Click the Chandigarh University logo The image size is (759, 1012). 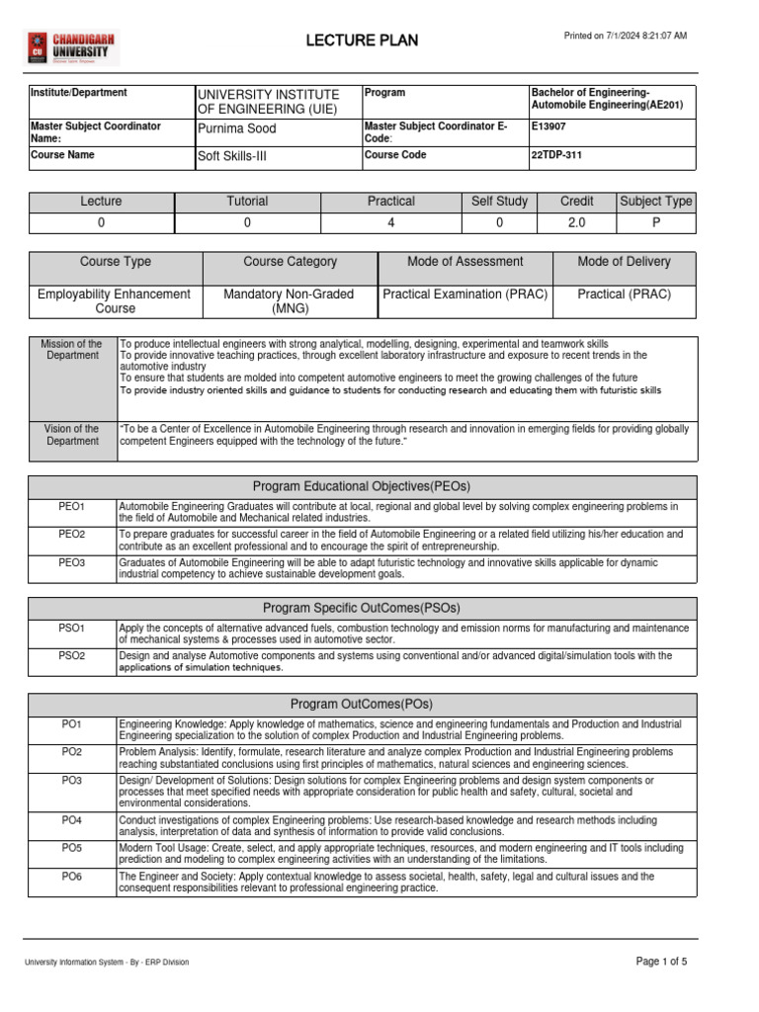[68, 45]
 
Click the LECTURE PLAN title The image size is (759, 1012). [362, 41]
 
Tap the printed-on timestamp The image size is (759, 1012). [625, 36]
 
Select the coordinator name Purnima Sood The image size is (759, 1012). [237, 128]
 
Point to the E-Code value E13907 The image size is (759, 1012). [548, 127]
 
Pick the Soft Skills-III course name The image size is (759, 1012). [232, 156]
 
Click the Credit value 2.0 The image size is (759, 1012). [577, 223]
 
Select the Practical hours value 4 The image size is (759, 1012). [391, 223]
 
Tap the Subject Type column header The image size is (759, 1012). [656, 202]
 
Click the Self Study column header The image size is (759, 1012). [500, 202]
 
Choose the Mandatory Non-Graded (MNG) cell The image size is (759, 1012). [291, 301]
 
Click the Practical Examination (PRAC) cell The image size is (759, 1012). [465, 295]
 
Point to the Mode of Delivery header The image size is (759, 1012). [624, 262]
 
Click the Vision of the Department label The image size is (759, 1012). [71, 435]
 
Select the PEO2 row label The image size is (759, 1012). [72, 534]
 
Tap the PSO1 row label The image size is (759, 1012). [72, 628]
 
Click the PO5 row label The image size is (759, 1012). [72, 848]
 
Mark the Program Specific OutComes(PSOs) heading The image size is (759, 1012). [362, 608]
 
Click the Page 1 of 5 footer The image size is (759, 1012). [661, 962]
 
